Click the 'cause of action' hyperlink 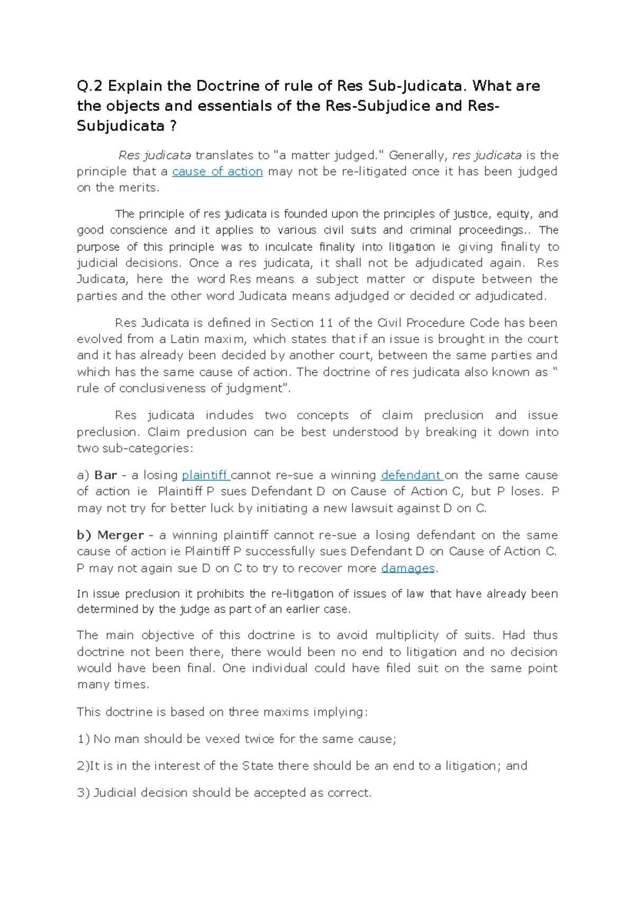pos(217,172)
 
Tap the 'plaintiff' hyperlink pos(204,475)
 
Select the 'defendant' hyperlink pos(411,475)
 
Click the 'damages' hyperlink pos(407,568)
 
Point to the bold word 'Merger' pos(121,535)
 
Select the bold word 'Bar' pos(105,475)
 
